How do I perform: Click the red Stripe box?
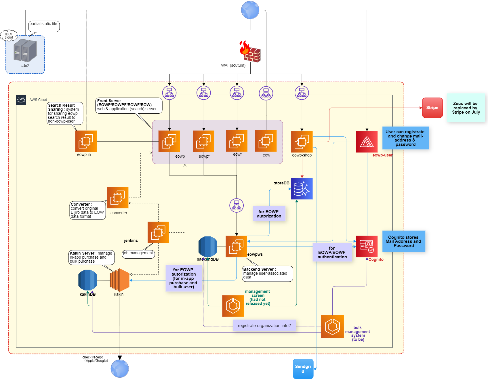432,108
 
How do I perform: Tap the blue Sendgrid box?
303,369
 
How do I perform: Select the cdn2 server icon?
25,51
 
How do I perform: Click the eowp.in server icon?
86,141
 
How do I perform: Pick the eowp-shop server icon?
302,142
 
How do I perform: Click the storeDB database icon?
302,189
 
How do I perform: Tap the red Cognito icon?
367,247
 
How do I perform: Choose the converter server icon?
118,198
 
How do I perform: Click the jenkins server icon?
158,232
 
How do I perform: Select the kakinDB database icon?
87,280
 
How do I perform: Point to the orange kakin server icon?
120,280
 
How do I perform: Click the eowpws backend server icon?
236,247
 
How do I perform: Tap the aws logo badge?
21,100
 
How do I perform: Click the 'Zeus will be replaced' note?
466,108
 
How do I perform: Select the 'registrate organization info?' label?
264,325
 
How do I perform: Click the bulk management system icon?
332,327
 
